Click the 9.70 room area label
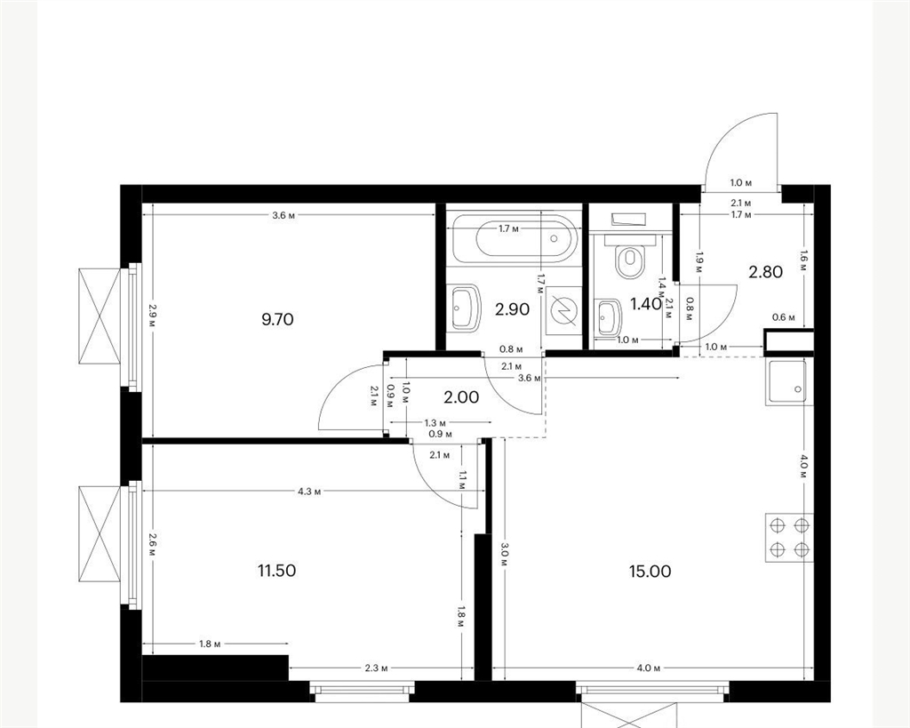point(277,319)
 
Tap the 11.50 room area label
point(277,571)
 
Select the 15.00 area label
point(650,572)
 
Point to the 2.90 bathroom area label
point(513,309)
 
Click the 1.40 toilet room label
point(646,303)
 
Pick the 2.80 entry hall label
point(766,271)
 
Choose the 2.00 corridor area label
point(461,397)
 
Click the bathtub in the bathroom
point(514,238)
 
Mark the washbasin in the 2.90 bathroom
point(465,308)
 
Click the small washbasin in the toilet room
point(608,316)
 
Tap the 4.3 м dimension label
point(309,492)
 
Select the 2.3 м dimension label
point(376,668)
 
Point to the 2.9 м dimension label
point(152,316)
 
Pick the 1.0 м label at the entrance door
point(741,183)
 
